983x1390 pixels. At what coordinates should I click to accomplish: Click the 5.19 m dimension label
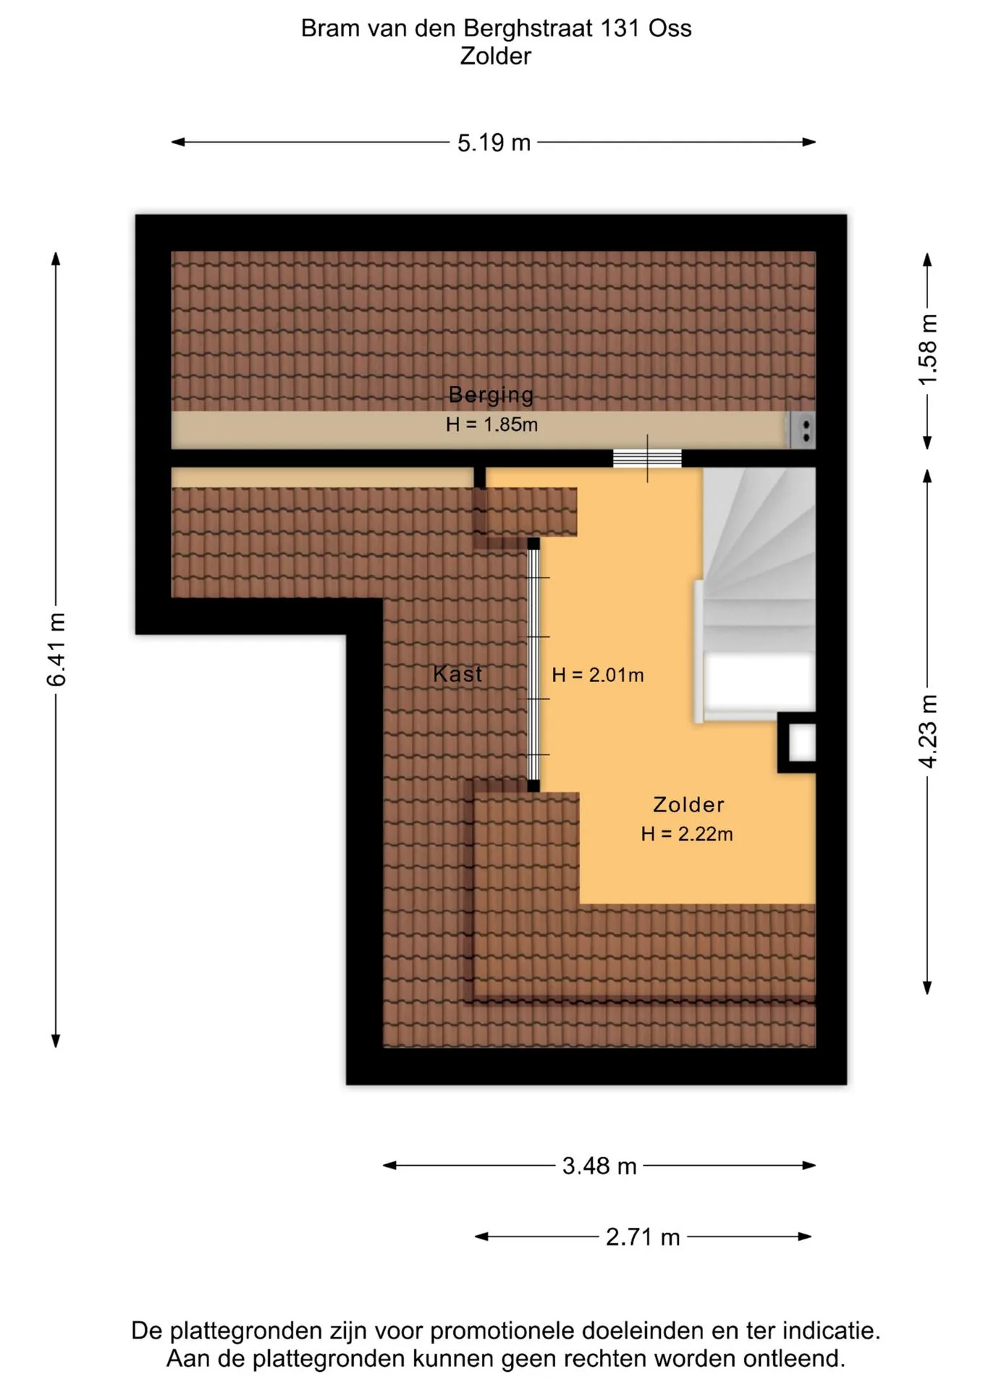click(494, 143)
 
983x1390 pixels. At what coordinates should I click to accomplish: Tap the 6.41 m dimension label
click(56, 649)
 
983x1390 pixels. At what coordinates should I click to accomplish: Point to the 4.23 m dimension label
click(928, 731)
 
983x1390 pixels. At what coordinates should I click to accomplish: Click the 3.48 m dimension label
click(599, 1166)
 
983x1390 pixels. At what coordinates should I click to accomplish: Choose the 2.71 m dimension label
click(643, 1237)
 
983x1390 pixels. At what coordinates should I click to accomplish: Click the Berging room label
click(491, 395)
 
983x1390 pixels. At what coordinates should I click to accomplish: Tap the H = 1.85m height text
click(491, 424)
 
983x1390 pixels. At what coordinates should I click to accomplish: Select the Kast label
click(457, 674)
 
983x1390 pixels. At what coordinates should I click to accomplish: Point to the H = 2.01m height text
click(597, 675)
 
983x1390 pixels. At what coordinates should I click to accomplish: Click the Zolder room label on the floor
click(688, 804)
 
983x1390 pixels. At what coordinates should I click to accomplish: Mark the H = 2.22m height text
click(686, 834)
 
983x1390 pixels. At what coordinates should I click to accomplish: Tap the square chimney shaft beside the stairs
click(797, 743)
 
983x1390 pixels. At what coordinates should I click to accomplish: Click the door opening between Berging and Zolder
click(647, 458)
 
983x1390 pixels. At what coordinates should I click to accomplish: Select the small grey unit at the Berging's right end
click(802, 430)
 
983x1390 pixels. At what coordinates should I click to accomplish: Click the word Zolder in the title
click(495, 56)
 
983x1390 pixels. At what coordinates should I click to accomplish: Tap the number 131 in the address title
click(620, 28)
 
